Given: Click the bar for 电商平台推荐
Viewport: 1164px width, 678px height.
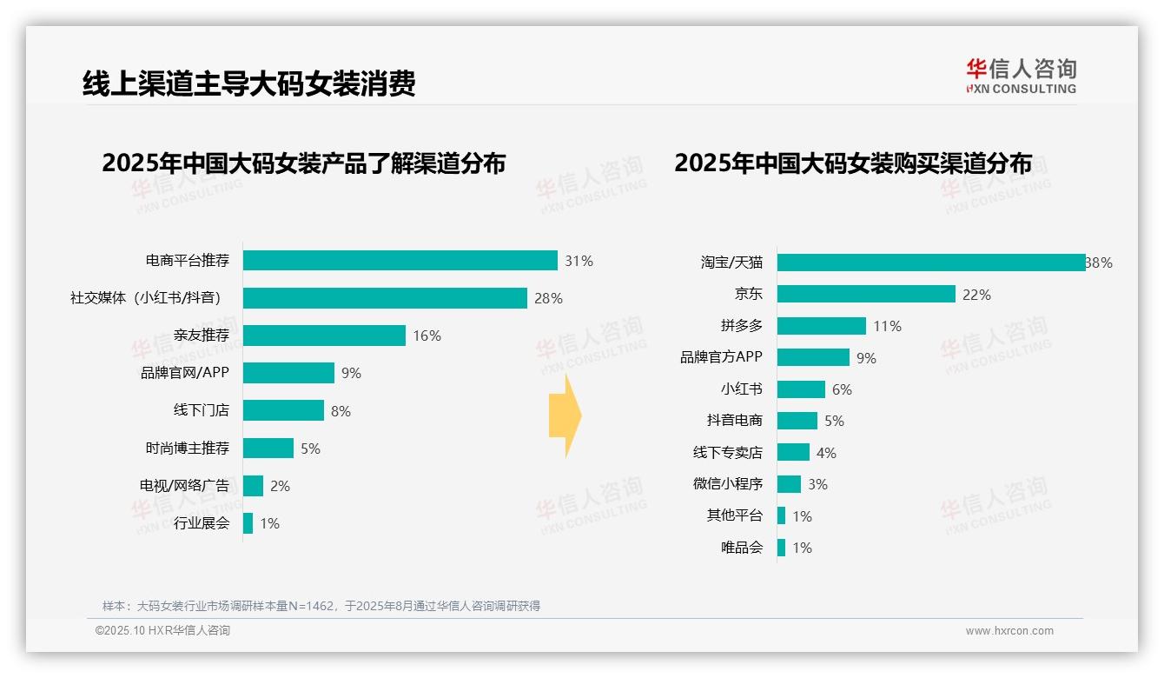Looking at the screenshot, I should pos(400,261).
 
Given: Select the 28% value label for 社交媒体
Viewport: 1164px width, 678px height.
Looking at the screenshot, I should pos(548,298).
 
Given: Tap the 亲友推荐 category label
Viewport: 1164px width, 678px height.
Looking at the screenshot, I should pos(201,336).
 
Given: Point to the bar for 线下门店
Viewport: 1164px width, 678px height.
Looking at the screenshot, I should pos(283,410).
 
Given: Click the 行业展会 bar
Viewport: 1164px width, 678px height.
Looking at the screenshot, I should pos(248,523).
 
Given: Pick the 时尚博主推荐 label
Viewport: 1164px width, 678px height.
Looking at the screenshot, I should pos(187,449).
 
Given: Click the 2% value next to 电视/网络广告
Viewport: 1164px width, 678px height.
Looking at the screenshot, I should pos(280,486).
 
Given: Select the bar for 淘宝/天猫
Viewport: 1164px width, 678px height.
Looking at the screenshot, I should pos(930,263).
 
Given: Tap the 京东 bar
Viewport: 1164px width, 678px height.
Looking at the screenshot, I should pos(866,295).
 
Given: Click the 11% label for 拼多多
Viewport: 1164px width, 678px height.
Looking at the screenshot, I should pos(887,326).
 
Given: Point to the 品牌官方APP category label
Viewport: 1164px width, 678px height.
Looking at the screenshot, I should pos(721,357).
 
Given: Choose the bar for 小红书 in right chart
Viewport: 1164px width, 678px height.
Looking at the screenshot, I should pos(801,389).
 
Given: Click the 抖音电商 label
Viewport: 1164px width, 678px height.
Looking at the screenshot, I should pos(734,421).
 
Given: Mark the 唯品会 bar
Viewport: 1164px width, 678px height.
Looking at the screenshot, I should pos(782,548).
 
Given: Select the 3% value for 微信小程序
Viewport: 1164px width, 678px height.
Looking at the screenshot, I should pos(817,484).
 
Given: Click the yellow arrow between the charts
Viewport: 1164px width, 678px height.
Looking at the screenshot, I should pos(565,416).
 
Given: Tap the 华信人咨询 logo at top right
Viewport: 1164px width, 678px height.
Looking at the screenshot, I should pos(1021,76).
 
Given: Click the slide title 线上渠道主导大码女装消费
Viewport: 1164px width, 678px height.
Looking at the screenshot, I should pos(248,83).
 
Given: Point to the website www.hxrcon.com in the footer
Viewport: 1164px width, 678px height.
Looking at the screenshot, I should pos(1009,631).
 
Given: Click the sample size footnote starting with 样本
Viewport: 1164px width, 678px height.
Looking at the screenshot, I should pos(321,606).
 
